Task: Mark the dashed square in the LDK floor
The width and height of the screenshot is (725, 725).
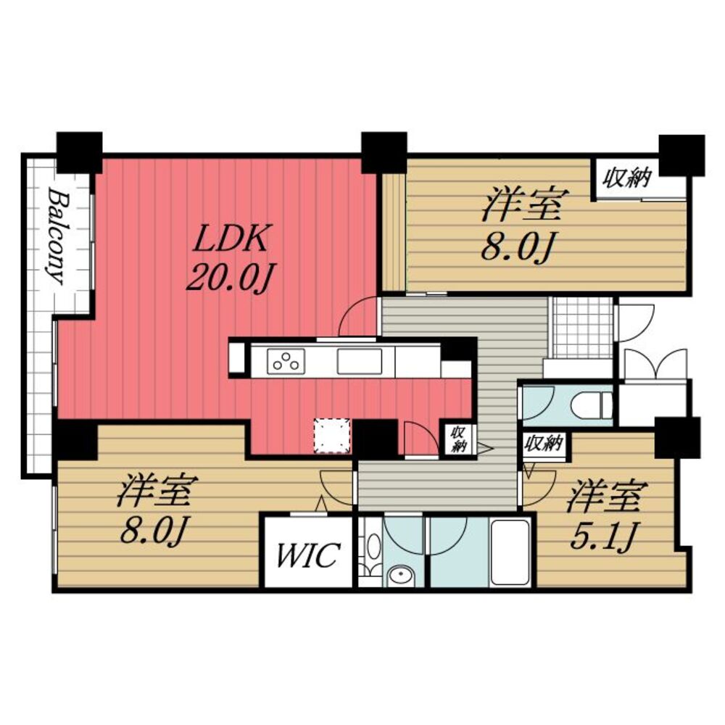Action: tap(331, 436)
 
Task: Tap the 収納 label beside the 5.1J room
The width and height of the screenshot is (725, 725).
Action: tap(544, 442)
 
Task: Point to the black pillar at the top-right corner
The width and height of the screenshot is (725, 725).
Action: tap(681, 154)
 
